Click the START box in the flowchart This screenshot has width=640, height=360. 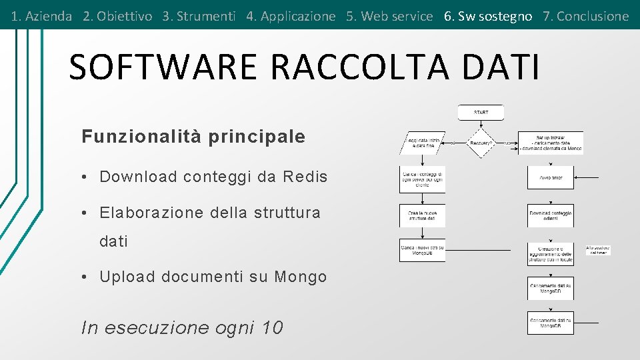(x=481, y=113)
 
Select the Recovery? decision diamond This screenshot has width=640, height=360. (x=481, y=143)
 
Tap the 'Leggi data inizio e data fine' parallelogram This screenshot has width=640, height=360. (x=423, y=143)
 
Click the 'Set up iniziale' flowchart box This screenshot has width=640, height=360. (x=550, y=143)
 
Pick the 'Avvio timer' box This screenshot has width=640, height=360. (x=550, y=177)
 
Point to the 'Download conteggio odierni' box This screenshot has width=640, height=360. (x=550, y=215)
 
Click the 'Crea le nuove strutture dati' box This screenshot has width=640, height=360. (x=422, y=215)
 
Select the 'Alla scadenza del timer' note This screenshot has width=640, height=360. (x=598, y=250)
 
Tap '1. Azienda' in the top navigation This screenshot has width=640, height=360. (x=41, y=16)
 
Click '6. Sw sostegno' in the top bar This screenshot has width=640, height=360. (x=488, y=16)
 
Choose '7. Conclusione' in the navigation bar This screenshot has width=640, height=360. (x=585, y=16)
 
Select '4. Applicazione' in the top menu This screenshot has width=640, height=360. (x=291, y=16)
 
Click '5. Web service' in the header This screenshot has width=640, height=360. (x=389, y=16)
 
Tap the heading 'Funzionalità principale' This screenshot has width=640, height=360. (x=193, y=137)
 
